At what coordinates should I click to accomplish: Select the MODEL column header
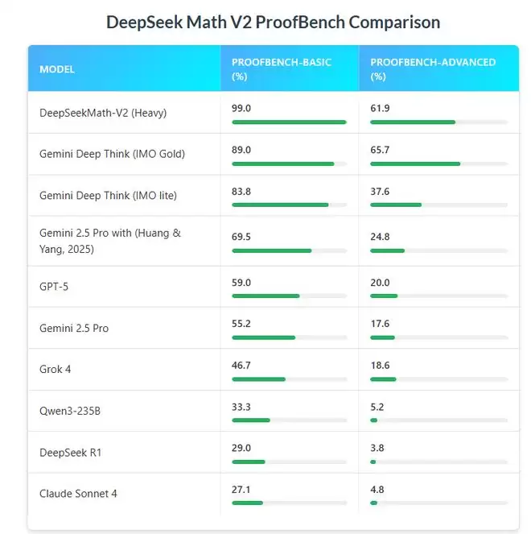tap(57, 69)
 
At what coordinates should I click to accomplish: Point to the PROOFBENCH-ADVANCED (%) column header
tap(433, 69)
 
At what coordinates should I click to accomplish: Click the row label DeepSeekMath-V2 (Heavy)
tap(103, 113)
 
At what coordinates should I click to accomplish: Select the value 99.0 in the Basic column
tap(241, 107)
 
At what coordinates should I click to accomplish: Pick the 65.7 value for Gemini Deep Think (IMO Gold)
tap(380, 149)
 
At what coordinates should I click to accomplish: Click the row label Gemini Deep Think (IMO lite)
tap(108, 196)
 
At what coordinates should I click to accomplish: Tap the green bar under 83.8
tap(280, 205)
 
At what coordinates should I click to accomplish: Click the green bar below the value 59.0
tap(265, 296)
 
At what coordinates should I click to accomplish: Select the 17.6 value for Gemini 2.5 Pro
tap(380, 324)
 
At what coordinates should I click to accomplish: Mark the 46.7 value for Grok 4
tap(241, 365)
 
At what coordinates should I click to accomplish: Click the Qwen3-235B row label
tap(70, 412)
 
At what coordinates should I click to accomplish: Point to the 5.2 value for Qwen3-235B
tap(377, 407)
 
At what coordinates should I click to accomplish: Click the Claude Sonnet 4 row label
tap(78, 494)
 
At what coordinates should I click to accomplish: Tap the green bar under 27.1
tap(247, 503)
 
